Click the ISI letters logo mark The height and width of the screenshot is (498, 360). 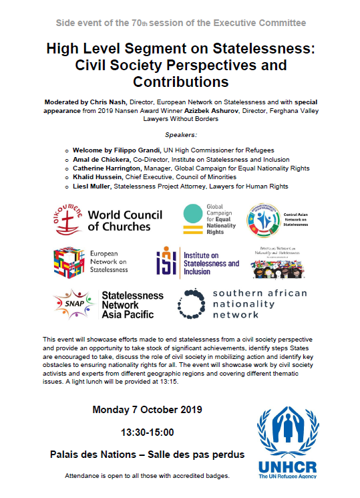point(166,263)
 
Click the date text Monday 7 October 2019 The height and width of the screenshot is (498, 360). point(146,409)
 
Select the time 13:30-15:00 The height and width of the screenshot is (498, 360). point(146,432)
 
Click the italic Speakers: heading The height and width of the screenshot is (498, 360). point(179,134)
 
